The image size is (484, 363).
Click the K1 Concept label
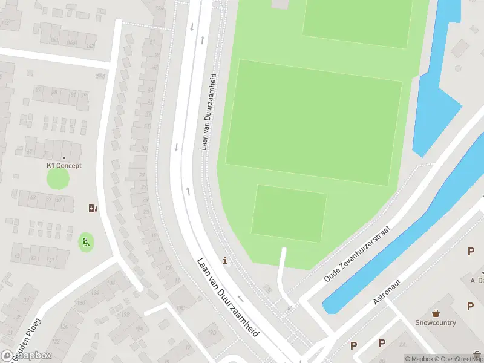64,165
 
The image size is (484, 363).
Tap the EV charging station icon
92,208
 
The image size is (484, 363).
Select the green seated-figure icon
86,243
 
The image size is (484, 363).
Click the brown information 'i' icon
226,261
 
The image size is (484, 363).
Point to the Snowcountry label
436,322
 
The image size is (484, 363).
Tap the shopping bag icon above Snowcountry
436,313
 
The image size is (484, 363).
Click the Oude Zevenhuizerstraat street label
358,254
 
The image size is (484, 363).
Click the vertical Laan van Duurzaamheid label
208,113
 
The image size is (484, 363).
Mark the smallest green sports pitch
289,214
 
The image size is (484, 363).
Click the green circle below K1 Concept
58,178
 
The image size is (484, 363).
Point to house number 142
90,46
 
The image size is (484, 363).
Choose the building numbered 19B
126,315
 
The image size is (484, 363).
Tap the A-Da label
477,280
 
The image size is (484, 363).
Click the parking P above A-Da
471,252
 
